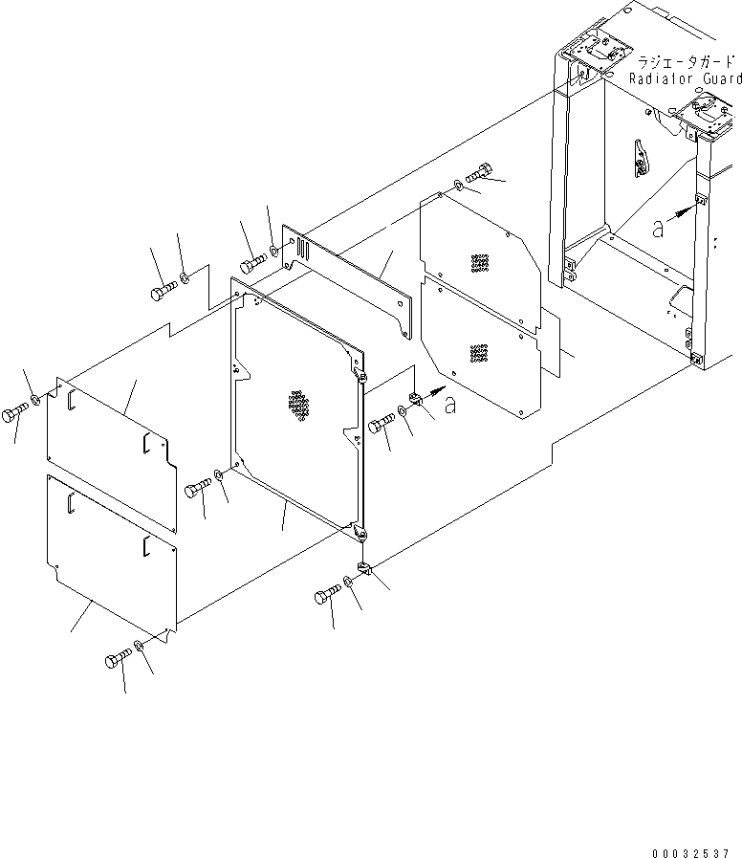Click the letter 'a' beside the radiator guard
point(656,228)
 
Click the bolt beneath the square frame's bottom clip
point(326,597)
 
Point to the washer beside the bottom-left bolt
point(141,648)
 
